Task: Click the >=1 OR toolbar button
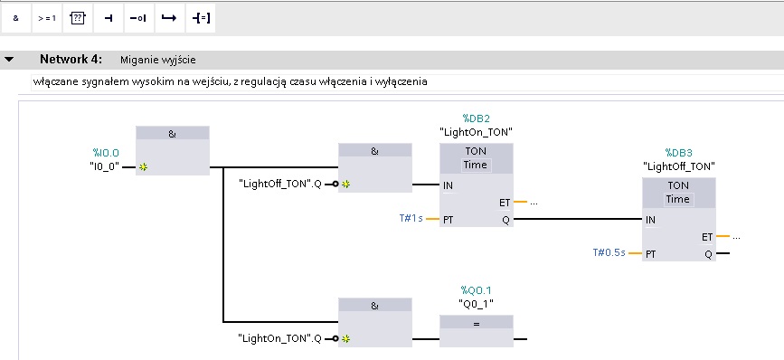(47, 18)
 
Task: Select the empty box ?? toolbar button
(78, 18)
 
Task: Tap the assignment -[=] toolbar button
(201, 18)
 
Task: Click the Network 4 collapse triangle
(9, 60)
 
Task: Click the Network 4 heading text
(71, 60)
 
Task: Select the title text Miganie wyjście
(158, 61)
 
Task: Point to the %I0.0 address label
(106, 153)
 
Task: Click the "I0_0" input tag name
(104, 167)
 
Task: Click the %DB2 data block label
(476, 118)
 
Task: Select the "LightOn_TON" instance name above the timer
(476, 132)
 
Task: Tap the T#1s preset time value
(411, 219)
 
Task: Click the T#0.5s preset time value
(609, 252)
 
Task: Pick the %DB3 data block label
(678, 153)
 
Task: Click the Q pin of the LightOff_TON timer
(708, 254)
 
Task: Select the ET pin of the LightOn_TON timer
(505, 203)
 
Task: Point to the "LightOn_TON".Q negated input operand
(280, 338)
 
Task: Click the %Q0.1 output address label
(476, 290)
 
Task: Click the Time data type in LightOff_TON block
(678, 199)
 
